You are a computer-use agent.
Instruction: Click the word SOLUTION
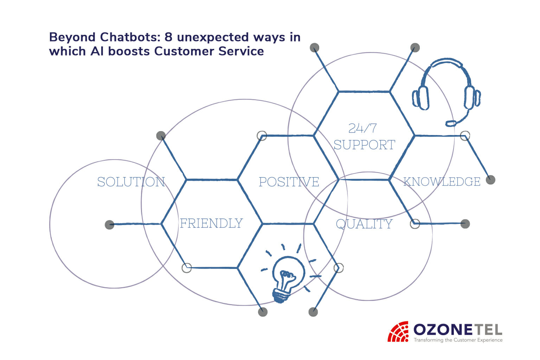[x=131, y=182]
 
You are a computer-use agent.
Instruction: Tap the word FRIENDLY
[x=211, y=223]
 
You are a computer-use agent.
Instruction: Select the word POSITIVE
[x=289, y=182]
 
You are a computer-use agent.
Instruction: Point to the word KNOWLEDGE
[x=442, y=182]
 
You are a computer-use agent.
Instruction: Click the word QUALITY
[x=364, y=224]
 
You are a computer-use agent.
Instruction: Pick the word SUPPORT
[x=364, y=145]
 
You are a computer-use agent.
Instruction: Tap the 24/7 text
[x=362, y=128]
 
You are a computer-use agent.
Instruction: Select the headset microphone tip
[x=451, y=123]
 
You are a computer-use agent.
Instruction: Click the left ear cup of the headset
[x=422, y=98]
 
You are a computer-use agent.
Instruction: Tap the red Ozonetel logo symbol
[x=398, y=332]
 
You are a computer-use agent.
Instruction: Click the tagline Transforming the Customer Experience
[x=458, y=340]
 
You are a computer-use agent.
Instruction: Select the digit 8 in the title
[x=168, y=37]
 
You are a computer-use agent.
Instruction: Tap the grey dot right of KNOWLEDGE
[x=490, y=180]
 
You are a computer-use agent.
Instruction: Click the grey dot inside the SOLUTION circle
[x=109, y=225]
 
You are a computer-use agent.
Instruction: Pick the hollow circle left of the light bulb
[x=187, y=268]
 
